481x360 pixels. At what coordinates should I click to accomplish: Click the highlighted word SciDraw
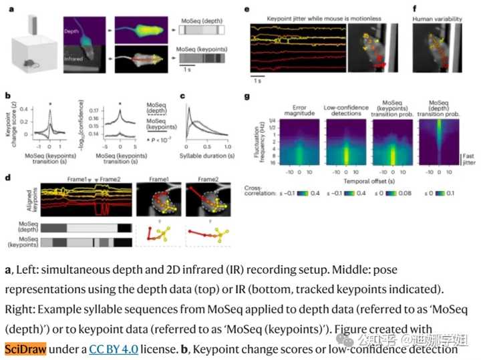click(x=24, y=349)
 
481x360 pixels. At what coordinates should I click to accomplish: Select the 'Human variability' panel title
click(x=438, y=19)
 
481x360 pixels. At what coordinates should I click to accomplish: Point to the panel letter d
click(x=7, y=177)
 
